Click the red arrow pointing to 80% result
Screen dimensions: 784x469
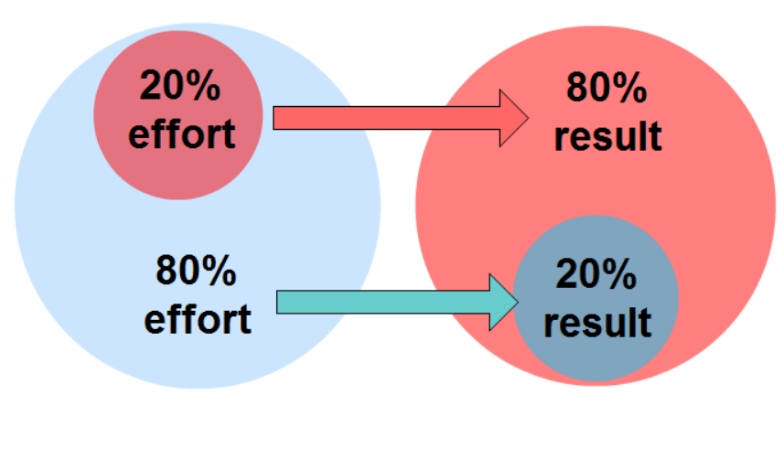click(x=401, y=118)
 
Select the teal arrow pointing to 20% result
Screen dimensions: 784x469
click(x=398, y=303)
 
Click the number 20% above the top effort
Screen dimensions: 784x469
click(x=180, y=85)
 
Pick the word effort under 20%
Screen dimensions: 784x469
click(x=182, y=133)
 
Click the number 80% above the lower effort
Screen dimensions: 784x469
click(x=196, y=271)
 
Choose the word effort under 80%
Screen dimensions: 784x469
click(x=198, y=319)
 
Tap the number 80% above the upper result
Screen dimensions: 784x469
click(x=607, y=88)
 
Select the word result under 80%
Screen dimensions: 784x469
click(x=608, y=136)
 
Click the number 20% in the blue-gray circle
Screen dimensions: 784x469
click(x=596, y=273)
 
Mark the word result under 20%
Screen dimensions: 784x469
click(x=597, y=322)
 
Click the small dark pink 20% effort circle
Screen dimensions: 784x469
click(x=178, y=115)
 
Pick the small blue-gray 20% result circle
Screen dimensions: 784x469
click(x=596, y=298)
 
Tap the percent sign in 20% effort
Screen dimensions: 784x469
click(x=205, y=85)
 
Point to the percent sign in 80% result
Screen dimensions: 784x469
click(x=631, y=88)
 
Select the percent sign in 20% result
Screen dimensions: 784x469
click(x=621, y=273)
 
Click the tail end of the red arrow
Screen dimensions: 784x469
click(x=274, y=118)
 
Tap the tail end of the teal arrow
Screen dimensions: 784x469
click(x=277, y=303)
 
